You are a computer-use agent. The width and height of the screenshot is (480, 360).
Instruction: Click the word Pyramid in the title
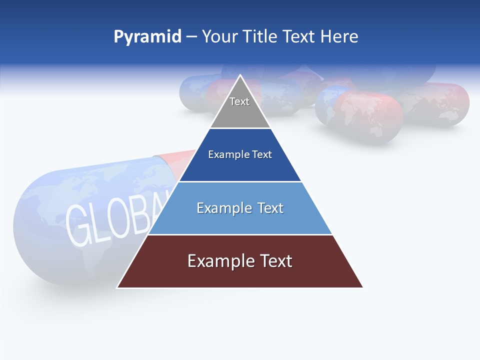pyautogui.click(x=147, y=36)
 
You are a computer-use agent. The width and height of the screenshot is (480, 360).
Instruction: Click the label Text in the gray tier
pyautogui.click(x=239, y=101)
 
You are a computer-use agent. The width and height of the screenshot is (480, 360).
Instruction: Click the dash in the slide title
pyautogui.click(x=191, y=36)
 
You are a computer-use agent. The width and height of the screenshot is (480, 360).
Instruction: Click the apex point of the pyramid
pyautogui.click(x=240, y=76)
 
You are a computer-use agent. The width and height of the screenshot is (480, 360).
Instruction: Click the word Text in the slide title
pyautogui.click(x=298, y=36)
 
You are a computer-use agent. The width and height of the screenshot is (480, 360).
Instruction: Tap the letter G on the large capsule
pyautogui.click(x=80, y=225)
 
